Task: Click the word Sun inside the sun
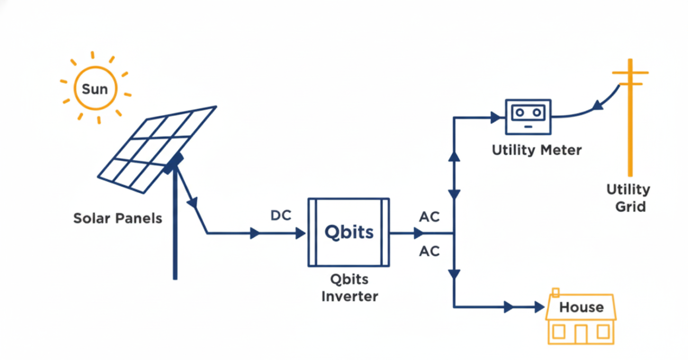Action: pyautogui.click(x=95, y=89)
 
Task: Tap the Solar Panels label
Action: pyautogui.click(x=117, y=218)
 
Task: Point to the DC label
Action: pyautogui.click(x=280, y=216)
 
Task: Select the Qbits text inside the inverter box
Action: pyautogui.click(x=349, y=232)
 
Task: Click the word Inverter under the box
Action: pyautogui.click(x=350, y=296)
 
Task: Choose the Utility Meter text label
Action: pyautogui.click(x=537, y=150)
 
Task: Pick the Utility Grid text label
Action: pyautogui.click(x=628, y=197)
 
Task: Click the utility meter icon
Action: pyautogui.click(x=528, y=116)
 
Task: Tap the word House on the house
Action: pyautogui.click(x=581, y=307)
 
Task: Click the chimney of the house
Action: pyautogui.click(x=555, y=292)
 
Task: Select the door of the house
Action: pyautogui.click(x=581, y=333)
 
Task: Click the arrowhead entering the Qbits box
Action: pyautogui.click(x=301, y=233)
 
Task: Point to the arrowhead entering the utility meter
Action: pyautogui.click(x=495, y=118)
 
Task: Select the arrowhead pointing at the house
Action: pyautogui.click(x=539, y=307)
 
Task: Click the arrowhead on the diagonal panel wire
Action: pyautogui.click(x=193, y=203)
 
